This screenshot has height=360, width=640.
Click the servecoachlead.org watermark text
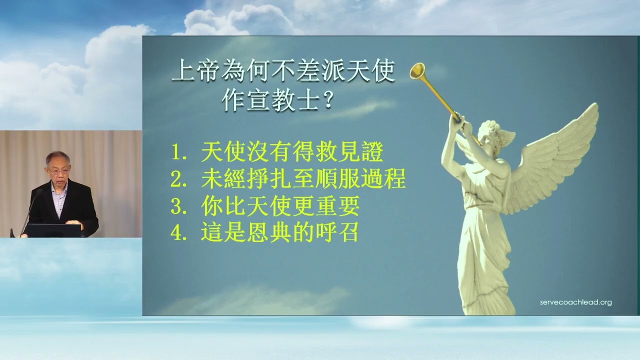tap(575, 302)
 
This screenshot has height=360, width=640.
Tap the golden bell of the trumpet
tap(417, 71)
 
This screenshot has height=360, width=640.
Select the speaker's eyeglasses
tap(58, 171)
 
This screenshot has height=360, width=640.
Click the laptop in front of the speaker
tap(52, 230)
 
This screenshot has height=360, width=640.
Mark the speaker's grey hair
tap(57, 157)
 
